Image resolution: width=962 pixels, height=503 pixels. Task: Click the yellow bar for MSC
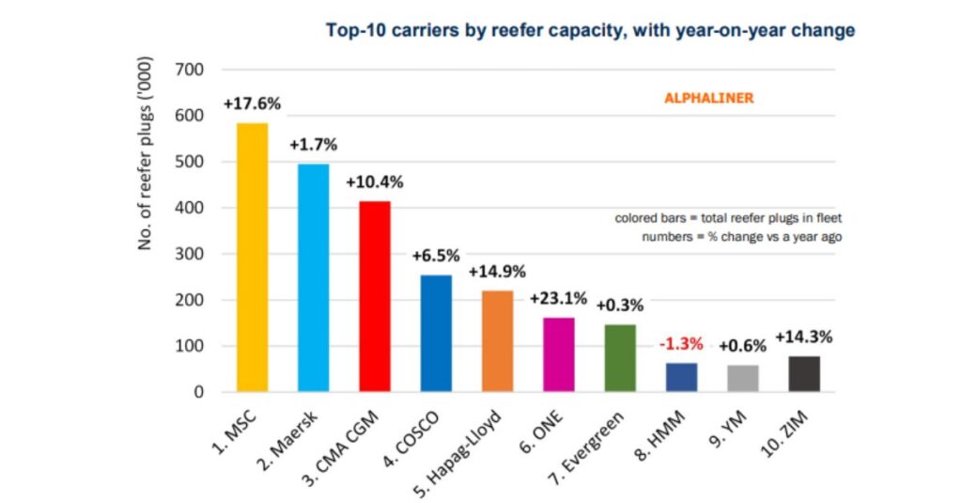pyautogui.click(x=252, y=258)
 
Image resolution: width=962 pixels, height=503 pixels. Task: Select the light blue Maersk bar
pyautogui.click(x=313, y=278)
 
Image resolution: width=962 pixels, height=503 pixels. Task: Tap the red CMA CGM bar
pyautogui.click(x=374, y=296)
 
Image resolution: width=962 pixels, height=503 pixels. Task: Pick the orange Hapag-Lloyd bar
pyautogui.click(x=497, y=341)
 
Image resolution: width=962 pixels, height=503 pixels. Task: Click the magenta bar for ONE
pyautogui.click(x=558, y=354)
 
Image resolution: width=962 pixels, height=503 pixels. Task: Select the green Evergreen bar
pyautogui.click(x=619, y=358)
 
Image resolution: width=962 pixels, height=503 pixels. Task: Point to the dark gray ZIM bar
pyautogui.click(x=803, y=374)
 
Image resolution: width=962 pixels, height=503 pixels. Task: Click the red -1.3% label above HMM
pyautogui.click(x=680, y=343)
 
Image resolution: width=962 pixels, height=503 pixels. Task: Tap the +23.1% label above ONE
pyautogui.click(x=558, y=299)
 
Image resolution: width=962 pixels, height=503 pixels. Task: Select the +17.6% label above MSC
pyautogui.click(x=252, y=104)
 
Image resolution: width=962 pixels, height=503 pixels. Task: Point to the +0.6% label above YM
pyautogui.click(x=742, y=346)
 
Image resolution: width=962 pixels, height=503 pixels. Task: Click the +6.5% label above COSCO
pyautogui.click(x=436, y=256)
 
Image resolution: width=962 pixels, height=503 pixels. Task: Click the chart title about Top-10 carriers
pyautogui.click(x=590, y=30)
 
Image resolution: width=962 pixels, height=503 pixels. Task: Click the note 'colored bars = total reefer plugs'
pyautogui.click(x=728, y=218)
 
